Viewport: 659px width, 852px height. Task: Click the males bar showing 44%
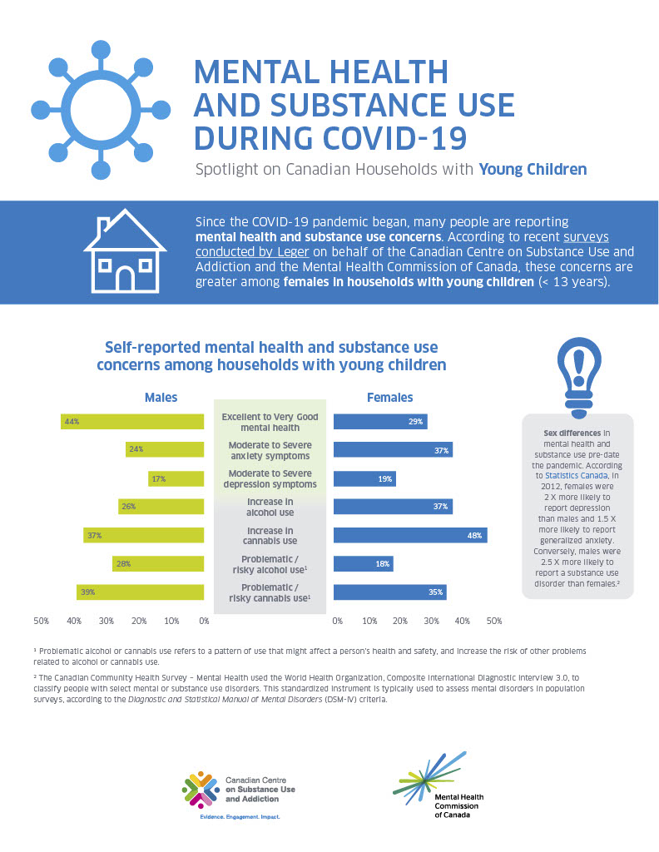[x=132, y=422]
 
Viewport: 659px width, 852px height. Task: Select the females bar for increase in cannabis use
[x=410, y=535]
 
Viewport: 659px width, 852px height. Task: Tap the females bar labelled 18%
[x=363, y=563]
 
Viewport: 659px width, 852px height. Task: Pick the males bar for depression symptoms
[x=176, y=478]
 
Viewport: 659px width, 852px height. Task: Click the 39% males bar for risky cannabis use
[x=141, y=592]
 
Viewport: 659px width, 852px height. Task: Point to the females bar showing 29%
[x=380, y=422]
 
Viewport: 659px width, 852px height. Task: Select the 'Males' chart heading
[x=161, y=398]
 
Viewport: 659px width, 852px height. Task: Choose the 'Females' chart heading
[x=389, y=398]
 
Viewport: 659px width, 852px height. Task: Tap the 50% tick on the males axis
[x=41, y=621]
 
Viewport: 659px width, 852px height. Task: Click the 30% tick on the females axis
[x=431, y=621]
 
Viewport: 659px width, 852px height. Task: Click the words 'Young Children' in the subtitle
[x=533, y=170]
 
